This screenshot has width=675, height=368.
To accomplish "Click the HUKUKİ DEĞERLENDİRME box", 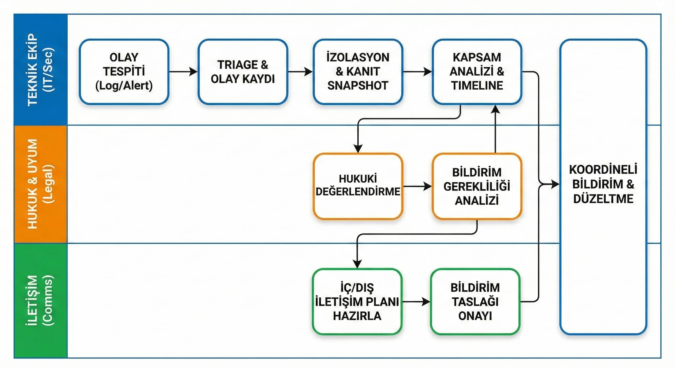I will tap(358, 186).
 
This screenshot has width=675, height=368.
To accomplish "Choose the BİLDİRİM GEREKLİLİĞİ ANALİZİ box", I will tap(477, 186).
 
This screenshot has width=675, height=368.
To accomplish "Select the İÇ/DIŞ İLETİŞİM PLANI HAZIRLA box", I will tap(357, 301).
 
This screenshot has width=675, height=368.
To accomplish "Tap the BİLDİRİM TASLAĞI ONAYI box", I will tap(475, 301).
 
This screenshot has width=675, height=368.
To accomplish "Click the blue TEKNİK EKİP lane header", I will tap(41, 70).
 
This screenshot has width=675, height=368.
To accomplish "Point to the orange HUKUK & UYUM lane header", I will tap(41, 184).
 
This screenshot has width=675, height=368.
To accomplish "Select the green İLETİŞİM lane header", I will tap(41, 300).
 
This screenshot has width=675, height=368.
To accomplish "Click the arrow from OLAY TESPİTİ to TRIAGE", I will tap(183, 71).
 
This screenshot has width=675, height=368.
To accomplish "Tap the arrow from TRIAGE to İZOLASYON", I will tap(300, 71).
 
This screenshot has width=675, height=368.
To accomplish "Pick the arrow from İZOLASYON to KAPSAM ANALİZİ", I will tap(417, 71).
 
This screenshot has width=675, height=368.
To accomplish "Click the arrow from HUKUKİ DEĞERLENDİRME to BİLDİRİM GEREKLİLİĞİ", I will tap(417, 186).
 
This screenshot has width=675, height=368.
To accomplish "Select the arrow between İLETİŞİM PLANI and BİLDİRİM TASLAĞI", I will tap(416, 302).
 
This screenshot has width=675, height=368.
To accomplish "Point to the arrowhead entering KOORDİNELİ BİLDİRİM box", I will tap(555, 184).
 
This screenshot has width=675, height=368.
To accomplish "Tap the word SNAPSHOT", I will tap(358, 86).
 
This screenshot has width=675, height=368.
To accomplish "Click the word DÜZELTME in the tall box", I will tap(603, 199).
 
